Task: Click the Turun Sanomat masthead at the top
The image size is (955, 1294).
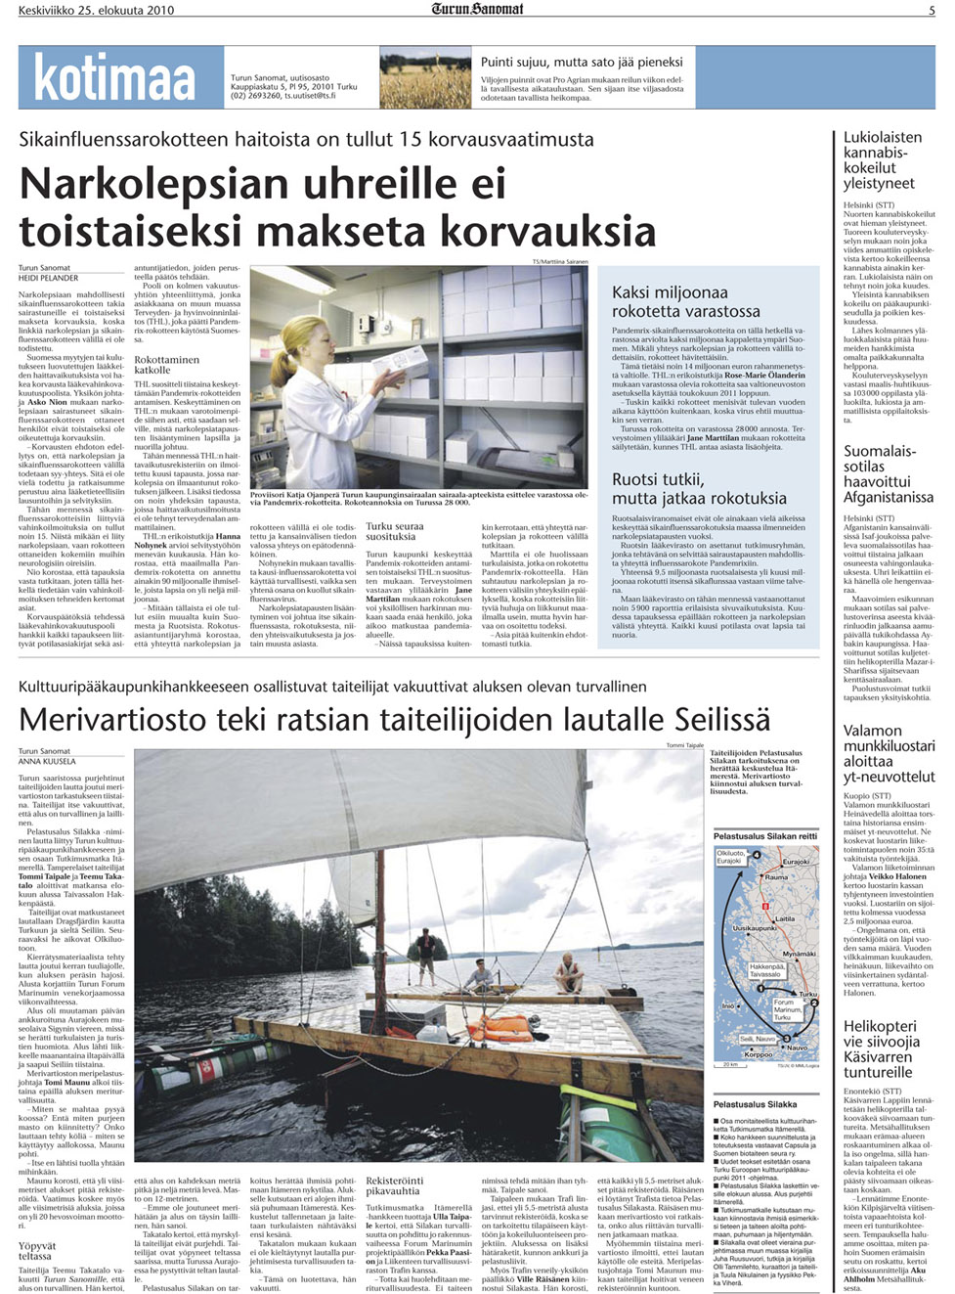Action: (477, 9)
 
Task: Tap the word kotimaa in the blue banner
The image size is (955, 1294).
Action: (115, 77)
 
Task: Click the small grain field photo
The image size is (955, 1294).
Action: (424, 77)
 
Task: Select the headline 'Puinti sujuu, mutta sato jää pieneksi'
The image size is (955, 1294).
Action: (582, 62)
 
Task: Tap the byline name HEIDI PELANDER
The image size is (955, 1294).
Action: (49, 278)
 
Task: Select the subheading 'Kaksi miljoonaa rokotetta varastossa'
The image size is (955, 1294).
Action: (686, 301)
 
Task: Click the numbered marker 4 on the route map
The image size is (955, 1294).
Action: (756, 855)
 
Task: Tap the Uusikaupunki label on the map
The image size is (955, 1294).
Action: (754, 928)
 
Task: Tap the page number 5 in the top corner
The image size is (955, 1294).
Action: (932, 10)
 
